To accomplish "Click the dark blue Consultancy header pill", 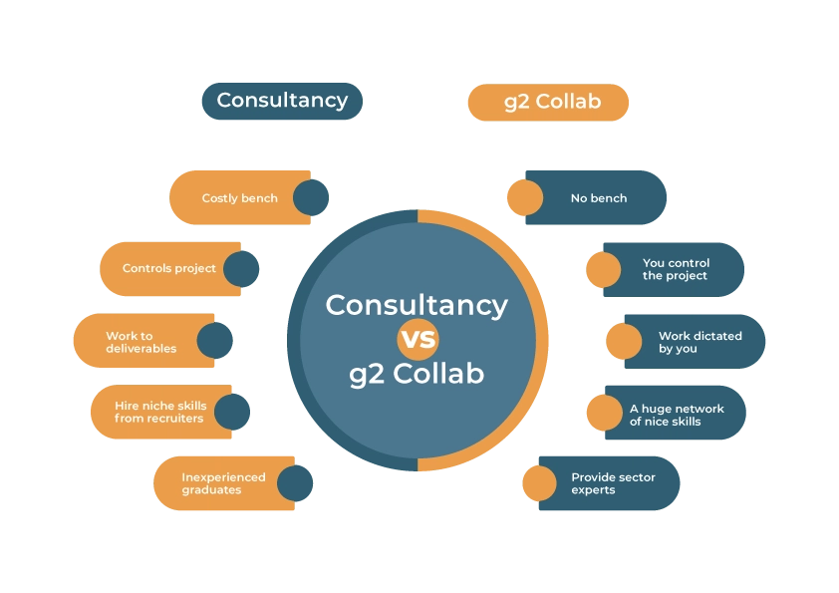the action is pos(282,101).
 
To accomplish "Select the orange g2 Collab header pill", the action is pos(548,103).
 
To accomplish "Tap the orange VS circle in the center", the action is pos(418,339).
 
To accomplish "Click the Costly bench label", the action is pos(240,198).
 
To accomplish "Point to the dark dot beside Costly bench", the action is pos(311,197).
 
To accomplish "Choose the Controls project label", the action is pos(169,268).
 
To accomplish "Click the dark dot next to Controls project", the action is pos(241,269).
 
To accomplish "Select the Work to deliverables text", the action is pos(141,342).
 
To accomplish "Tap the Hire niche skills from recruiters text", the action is pos(160,412).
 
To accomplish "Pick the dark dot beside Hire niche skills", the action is pos(232,412).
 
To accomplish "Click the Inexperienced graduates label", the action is pos(223,483).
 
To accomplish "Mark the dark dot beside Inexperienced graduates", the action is pos(295,483).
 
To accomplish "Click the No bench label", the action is pos(599,198).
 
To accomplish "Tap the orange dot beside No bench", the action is pos(525,197).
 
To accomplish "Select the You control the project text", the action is pos(676,269).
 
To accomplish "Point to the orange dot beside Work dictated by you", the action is pos(624,341).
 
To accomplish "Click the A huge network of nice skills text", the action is pos(677,415).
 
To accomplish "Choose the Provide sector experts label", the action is pos(613,483).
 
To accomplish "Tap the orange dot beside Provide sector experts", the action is pos(540,483).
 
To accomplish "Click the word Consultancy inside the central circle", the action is pos(417,306).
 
